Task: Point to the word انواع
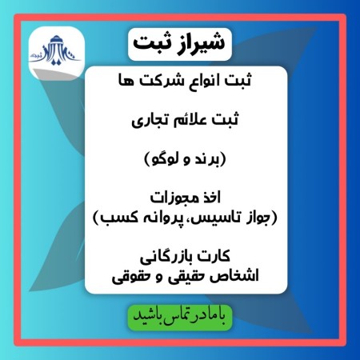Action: [199, 82]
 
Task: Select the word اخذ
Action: [214, 198]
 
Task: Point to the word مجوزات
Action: [170, 198]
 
